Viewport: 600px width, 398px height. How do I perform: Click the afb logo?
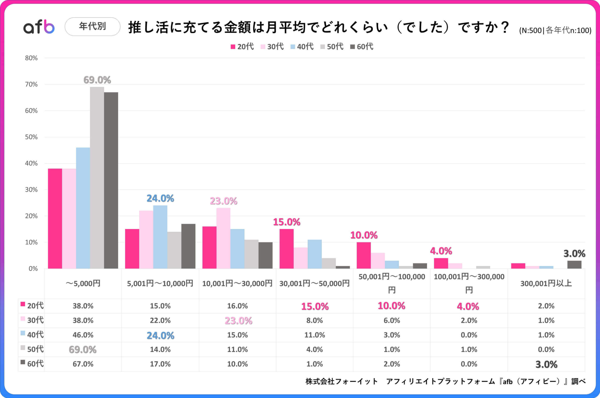click(39, 27)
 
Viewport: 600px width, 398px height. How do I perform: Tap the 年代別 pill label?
click(92, 26)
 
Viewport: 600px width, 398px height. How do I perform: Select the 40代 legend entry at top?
click(302, 47)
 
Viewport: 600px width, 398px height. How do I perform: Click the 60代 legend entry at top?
click(362, 47)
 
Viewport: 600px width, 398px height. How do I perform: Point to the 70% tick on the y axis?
click(31, 84)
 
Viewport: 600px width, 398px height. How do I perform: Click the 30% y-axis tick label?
click(31, 190)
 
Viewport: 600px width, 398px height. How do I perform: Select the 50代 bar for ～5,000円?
click(97, 178)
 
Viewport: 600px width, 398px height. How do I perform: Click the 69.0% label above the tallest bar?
click(97, 80)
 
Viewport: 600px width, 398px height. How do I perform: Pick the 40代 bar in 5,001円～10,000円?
click(160, 237)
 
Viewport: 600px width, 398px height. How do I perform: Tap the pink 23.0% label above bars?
click(223, 201)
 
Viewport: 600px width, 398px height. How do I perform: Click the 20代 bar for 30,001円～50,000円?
click(287, 249)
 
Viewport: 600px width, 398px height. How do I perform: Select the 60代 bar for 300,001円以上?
click(574, 264)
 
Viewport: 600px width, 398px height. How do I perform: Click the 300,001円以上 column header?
click(546, 283)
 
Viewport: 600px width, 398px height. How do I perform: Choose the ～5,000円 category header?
click(83, 283)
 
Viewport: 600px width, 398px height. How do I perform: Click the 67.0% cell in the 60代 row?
click(83, 364)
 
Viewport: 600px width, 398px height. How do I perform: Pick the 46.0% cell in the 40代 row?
click(83, 335)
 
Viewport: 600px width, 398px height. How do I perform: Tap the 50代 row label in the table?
click(32, 349)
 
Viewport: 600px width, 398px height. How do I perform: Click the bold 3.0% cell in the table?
click(546, 365)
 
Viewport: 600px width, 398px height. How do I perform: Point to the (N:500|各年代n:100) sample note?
click(555, 30)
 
